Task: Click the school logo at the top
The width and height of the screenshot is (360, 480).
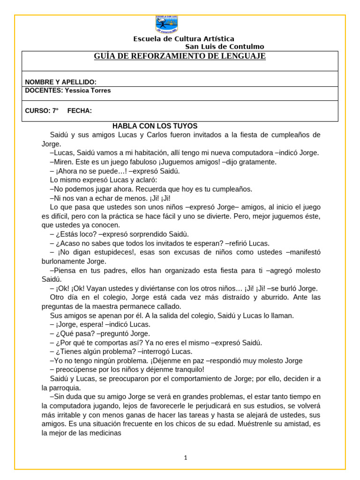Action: (x=166, y=24)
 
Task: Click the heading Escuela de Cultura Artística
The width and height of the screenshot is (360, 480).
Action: (x=184, y=39)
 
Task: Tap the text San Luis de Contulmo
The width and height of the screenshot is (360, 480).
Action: (x=225, y=46)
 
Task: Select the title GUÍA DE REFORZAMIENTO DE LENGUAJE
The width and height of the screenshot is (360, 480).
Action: (x=180, y=56)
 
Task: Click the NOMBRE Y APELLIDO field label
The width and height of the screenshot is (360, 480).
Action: (x=60, y=82)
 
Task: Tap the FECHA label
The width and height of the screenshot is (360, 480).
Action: (x=79, y=111)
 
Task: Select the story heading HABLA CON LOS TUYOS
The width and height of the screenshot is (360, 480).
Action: (x=155, y=126)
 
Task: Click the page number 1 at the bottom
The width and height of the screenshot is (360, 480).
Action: (x=186, y=458)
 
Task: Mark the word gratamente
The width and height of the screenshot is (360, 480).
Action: (x=258, y=162)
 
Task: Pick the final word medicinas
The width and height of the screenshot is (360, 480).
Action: (x=105, y=433)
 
